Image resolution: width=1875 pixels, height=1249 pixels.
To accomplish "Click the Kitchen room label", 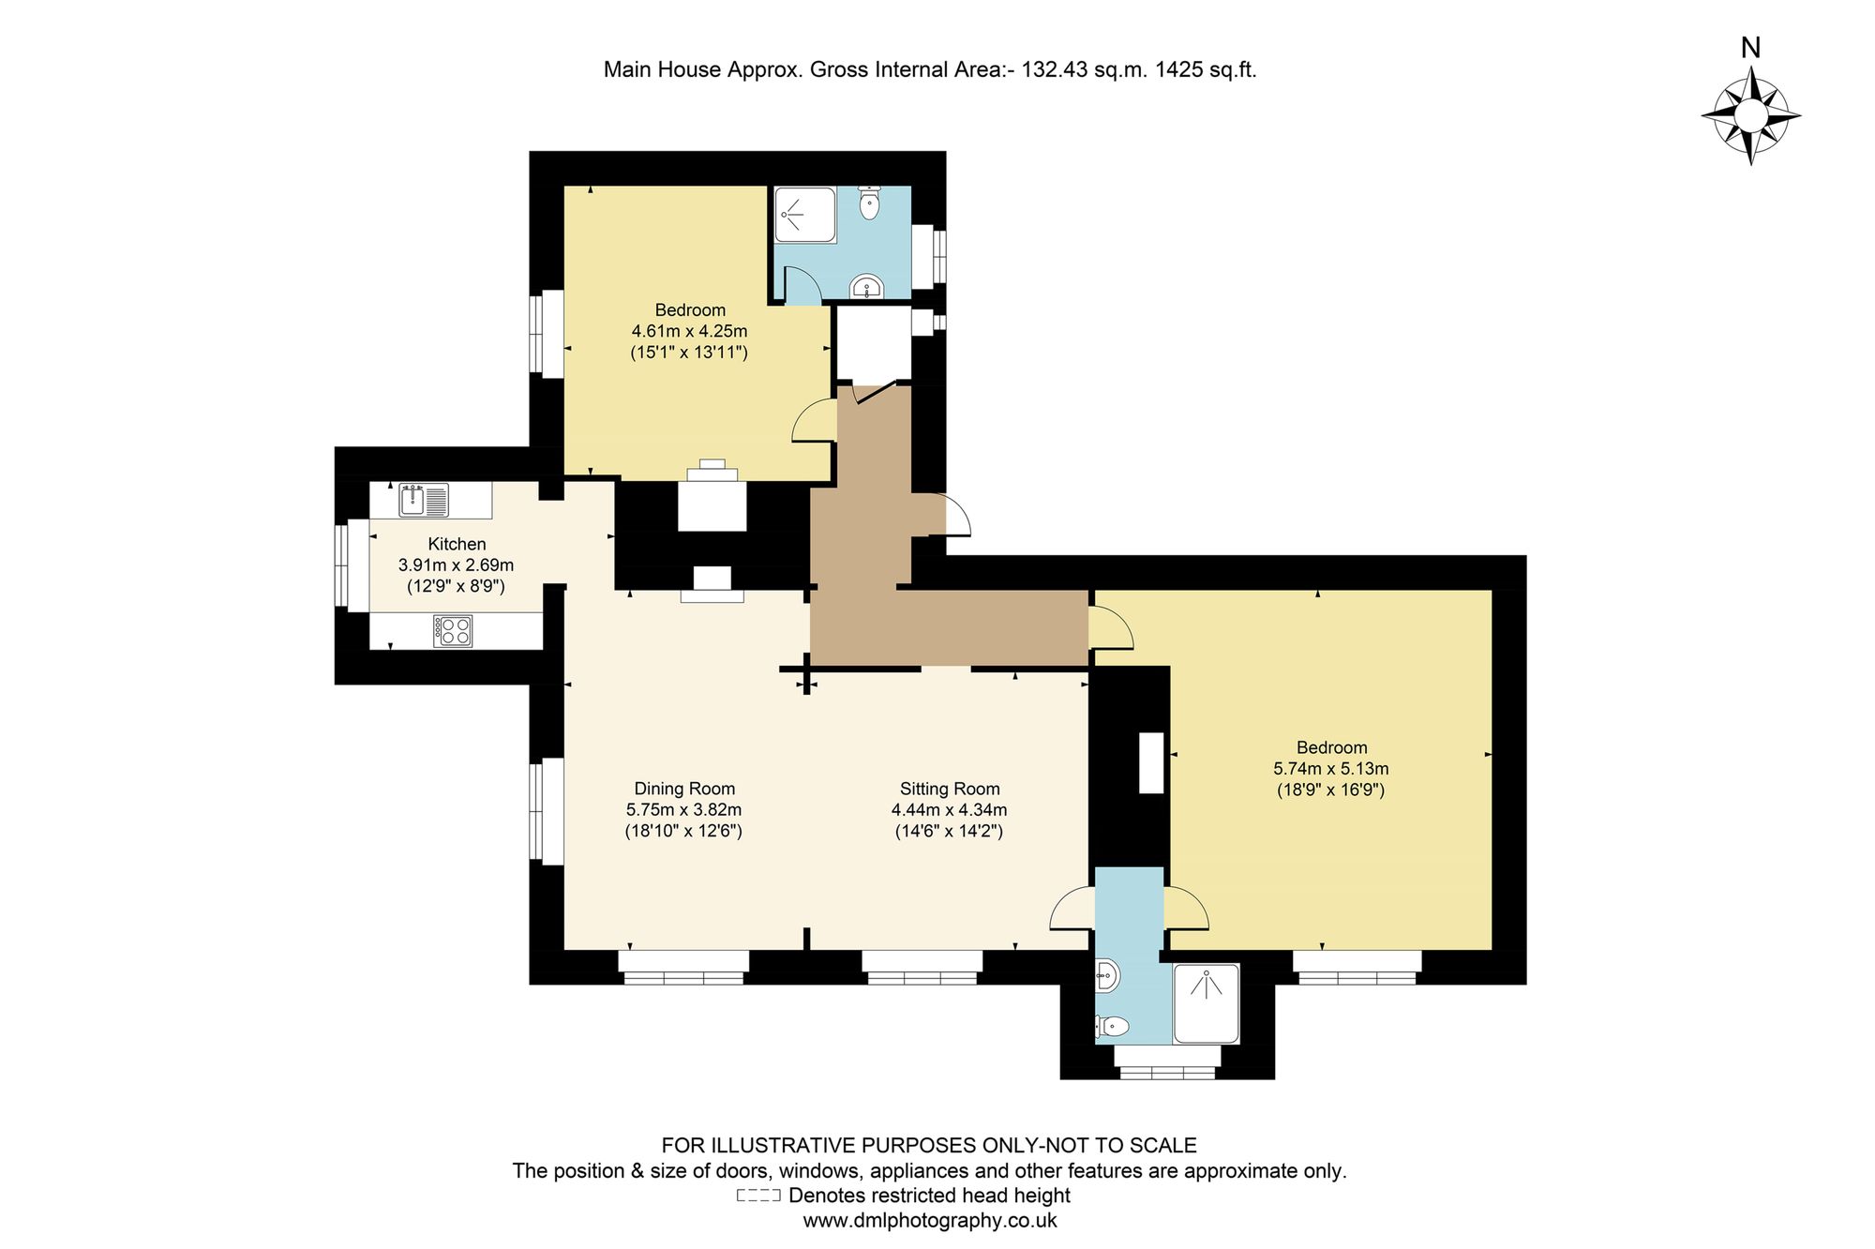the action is pos(457,544).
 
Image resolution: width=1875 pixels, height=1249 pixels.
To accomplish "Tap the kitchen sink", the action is pos(425,500).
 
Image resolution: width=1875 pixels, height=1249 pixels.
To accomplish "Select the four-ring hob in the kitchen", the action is pos(453,631).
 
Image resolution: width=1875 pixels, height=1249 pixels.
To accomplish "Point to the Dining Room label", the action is pos(684,789).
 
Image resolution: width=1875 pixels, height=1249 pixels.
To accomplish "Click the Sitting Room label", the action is pos(950,789).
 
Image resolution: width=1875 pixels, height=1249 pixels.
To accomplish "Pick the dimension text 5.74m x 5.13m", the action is pos(1331,769).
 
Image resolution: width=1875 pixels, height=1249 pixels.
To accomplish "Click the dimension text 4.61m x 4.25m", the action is pos(690,331).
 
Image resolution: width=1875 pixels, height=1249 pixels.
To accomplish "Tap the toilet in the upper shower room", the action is pos(869,203).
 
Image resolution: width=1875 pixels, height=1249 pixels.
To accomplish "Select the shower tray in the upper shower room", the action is pos(805,215).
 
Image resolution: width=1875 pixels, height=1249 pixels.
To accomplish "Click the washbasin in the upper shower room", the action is pos(867,285).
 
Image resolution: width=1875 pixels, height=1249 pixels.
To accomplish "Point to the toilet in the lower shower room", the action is pos(1112,1028).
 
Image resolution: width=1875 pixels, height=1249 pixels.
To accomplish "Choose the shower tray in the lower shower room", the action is pos(1206,1003).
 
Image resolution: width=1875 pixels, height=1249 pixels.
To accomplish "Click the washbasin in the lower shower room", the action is pos(1107,976).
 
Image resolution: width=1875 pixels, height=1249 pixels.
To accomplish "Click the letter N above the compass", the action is pos(1750,47).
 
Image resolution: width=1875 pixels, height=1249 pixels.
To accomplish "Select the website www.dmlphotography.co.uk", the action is pos(930,1220).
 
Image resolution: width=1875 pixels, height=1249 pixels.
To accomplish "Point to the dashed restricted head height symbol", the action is pos(758,1196).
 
